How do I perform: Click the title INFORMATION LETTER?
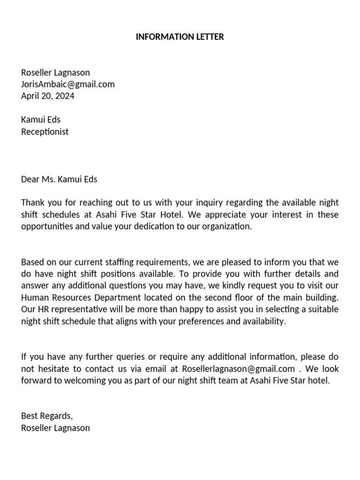(x=180, y=37)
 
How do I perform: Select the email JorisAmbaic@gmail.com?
(x=67, y=84)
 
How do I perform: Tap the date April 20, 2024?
(x=47, y=96)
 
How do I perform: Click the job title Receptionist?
(x=45, y=132)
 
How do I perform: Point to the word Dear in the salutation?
(x=30, y=179)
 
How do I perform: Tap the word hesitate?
(x=51, y=369)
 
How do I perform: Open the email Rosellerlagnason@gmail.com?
(x=238, y=369)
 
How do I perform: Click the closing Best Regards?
(x=47, y=416)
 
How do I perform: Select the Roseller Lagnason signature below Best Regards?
(x=55, y=428)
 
